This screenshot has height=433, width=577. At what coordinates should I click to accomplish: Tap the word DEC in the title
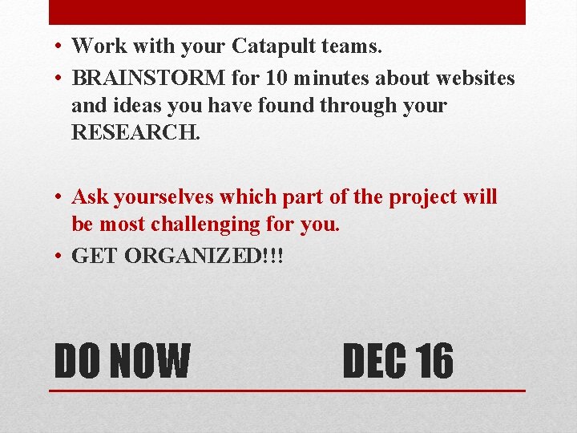(x=375, y=361)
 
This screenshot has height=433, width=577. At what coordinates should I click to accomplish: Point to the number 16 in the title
(x=434, y=361)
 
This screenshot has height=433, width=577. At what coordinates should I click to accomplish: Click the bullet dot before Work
(x=60, y=47)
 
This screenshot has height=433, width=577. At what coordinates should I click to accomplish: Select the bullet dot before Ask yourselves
(x=60, y=196)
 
